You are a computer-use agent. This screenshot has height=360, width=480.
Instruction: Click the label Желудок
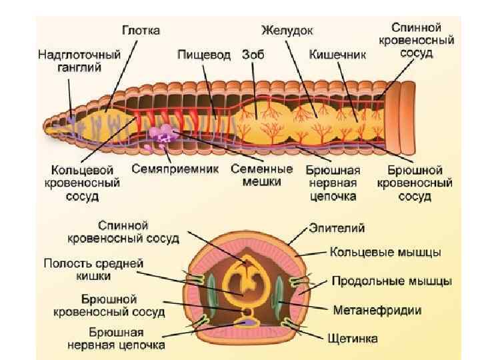pos(287,31)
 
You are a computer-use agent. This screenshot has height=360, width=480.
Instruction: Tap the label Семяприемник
pos(175,169)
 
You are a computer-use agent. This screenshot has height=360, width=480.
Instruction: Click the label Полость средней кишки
pos(93,269)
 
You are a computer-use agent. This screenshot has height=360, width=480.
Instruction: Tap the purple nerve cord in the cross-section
pos(247,323)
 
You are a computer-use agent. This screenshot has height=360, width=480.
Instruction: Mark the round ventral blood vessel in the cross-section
pos(247,311)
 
